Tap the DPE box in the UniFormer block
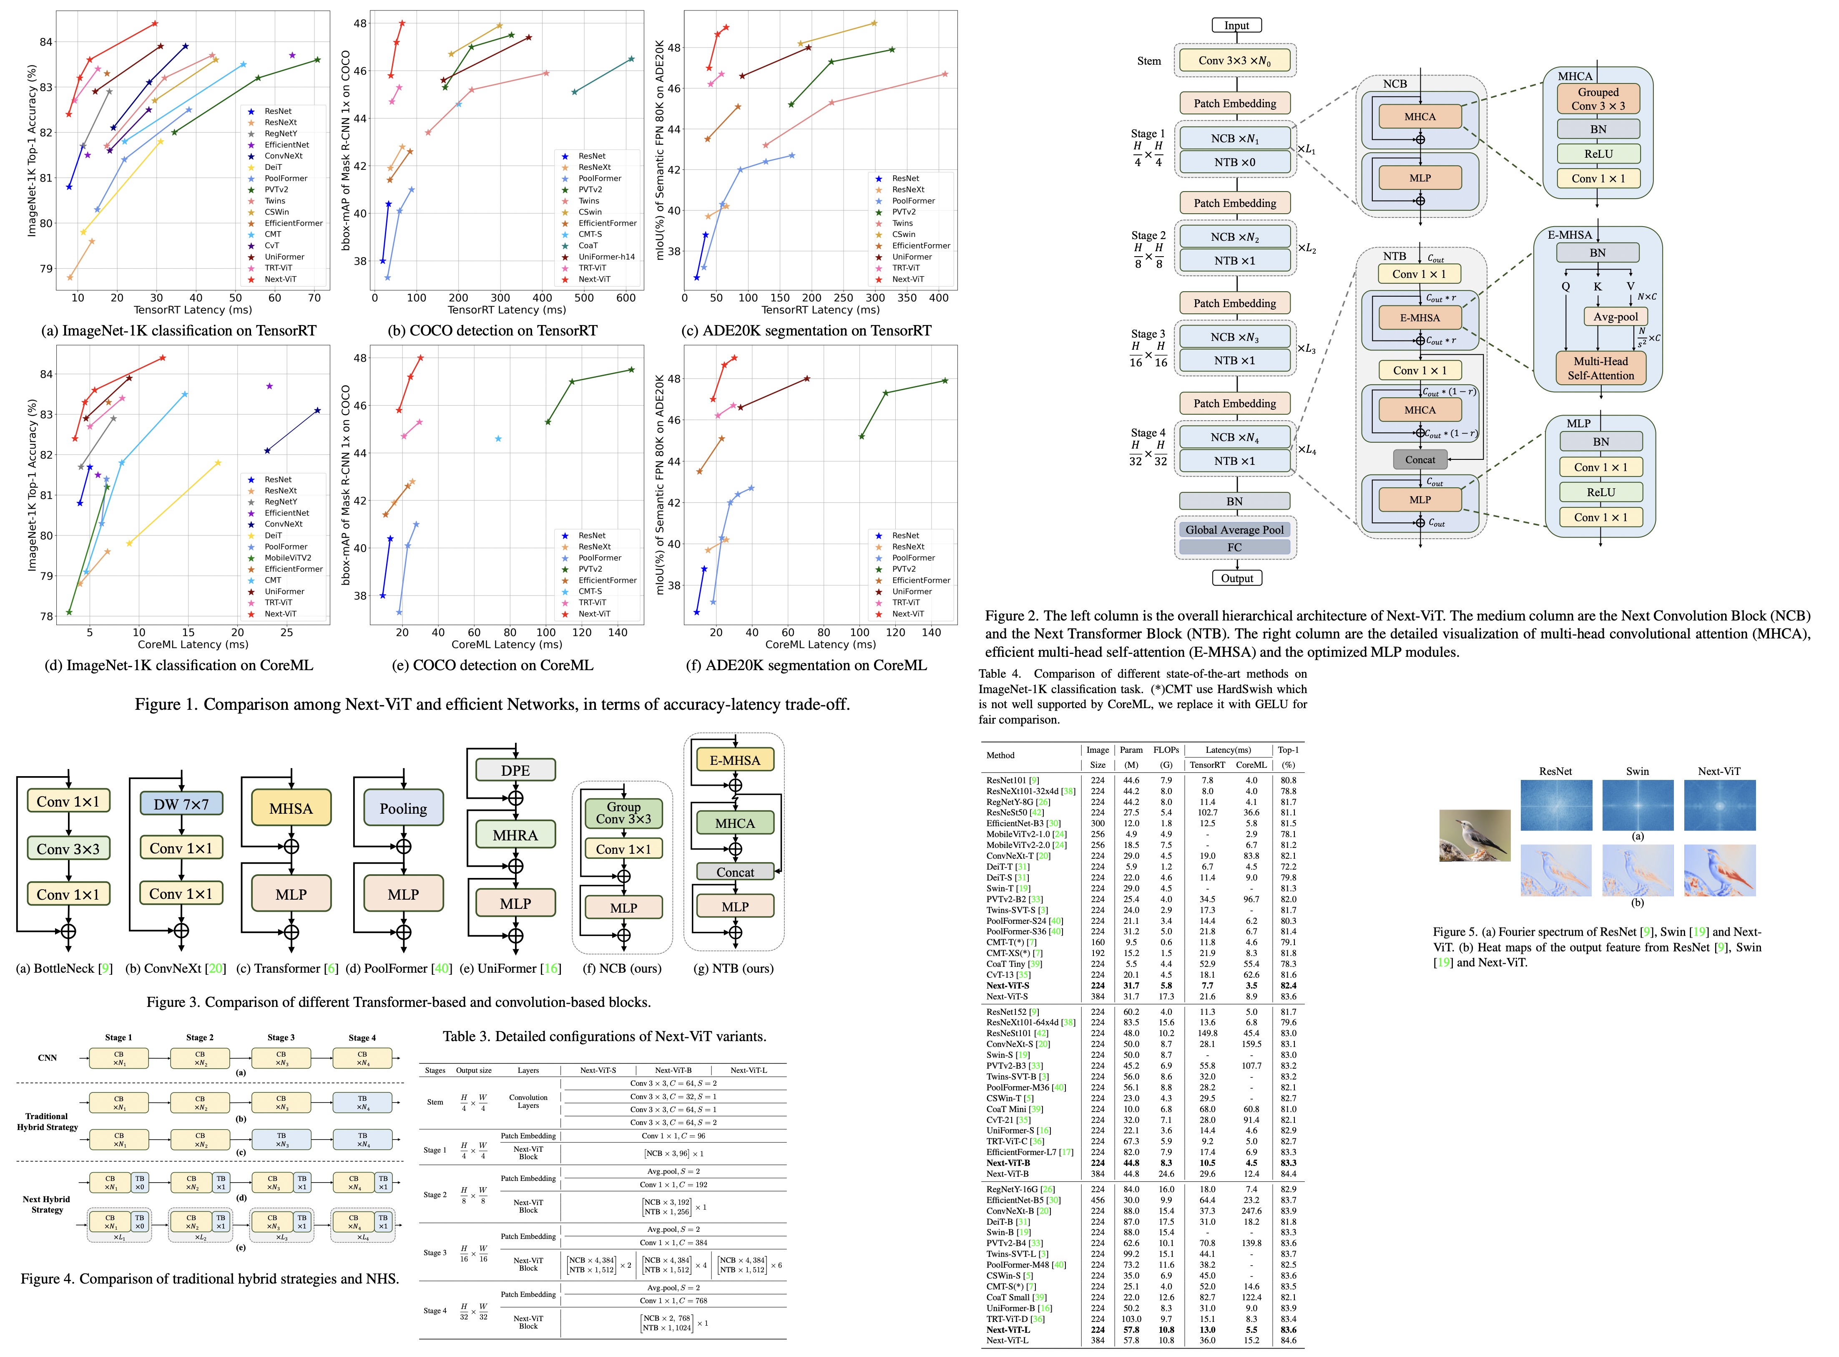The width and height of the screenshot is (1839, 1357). (515, 770)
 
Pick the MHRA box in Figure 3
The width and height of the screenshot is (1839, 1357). (515, 835)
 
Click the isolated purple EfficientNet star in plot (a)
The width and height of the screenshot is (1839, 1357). (292, 55)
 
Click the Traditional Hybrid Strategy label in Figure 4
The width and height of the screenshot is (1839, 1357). (47, 1121)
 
